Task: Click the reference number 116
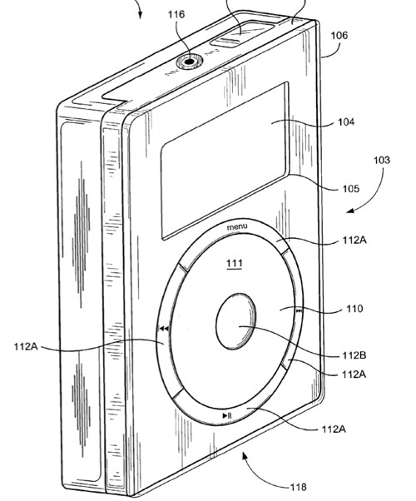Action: tap(176, 14)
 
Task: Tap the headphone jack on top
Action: tap(190, 61)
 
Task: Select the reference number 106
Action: tap(339, 35)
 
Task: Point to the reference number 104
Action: tap(347, 122)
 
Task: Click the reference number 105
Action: tap(351, 189)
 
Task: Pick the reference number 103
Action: tap(382, 160)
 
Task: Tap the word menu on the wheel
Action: tap(237, 226)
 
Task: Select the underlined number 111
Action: tap(235, 264)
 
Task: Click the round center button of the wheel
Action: tap(235, 321)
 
